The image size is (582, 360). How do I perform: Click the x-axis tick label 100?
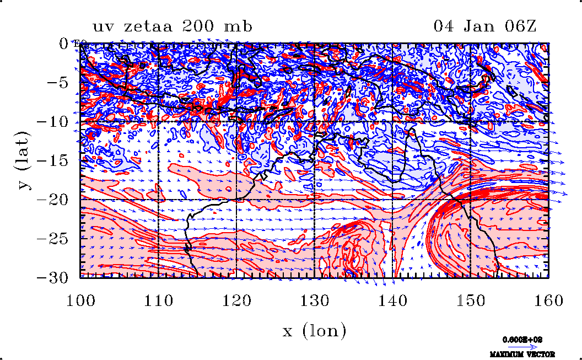(80, 301)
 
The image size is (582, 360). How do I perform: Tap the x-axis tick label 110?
(159, 301)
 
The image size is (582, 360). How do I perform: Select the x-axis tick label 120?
(237, 301)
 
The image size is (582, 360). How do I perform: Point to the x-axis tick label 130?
(315, 301)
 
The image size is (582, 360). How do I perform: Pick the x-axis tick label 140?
(393, 301)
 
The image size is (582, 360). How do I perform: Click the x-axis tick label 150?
(471, 301)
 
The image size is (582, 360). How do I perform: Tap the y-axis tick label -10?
(54, 122)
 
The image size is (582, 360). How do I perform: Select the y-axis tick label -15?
(54, 161)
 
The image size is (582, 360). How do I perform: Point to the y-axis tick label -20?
(54, 200)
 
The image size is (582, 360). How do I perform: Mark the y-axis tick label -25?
(54, 239)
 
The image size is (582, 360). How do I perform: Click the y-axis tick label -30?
(54, 278)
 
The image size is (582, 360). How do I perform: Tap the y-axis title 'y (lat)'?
(23, 160)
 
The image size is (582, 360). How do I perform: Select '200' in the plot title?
(201, 26)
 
